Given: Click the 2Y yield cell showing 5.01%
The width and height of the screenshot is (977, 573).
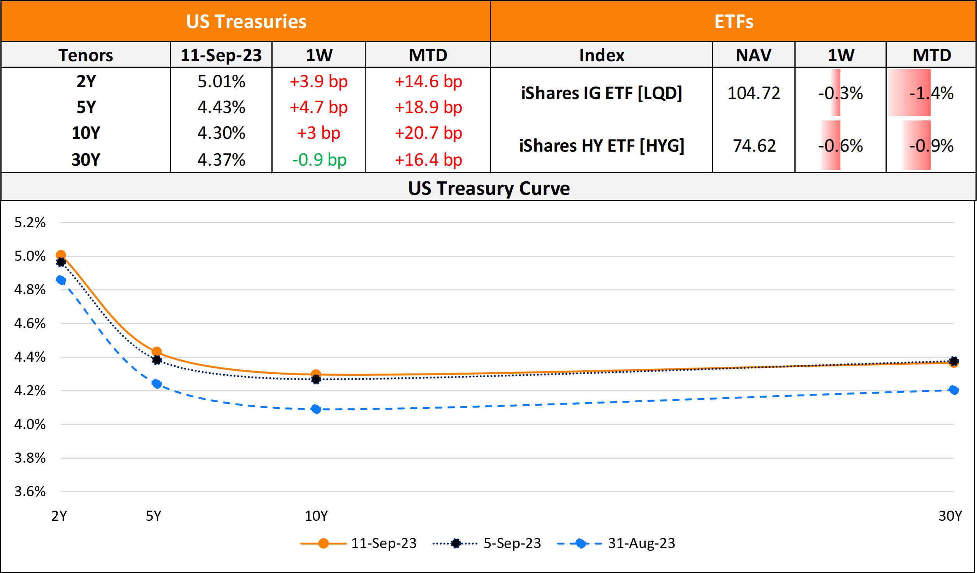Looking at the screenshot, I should tap(221, 81).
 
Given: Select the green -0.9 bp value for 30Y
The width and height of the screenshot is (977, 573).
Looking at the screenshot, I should tap(319, 160).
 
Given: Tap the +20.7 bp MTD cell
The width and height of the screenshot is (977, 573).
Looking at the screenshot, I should tap(428, 133).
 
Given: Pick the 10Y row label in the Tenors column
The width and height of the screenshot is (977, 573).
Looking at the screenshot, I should tap(86, 133).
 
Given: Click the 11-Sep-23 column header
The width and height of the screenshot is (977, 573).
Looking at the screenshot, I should tap(221, 55).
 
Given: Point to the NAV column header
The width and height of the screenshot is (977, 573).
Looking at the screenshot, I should tap(753, 55).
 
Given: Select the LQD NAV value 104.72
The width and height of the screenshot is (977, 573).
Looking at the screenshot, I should tap(753, 93).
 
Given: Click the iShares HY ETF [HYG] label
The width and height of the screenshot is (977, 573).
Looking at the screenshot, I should tap(602, 146).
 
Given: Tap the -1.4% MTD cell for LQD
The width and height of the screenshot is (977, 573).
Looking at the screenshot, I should tap(931, 93).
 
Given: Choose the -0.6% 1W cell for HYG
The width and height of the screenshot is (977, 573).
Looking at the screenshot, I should tap(840, 146).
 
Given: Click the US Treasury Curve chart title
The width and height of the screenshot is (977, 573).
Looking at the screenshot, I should tap(489, 188).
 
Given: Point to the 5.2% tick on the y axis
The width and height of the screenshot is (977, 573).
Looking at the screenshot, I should tap(30, 223).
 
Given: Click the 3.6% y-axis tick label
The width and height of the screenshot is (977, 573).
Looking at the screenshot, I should tap(30, 492).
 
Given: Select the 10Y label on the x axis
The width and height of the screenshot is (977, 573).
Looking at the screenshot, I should tap(316, 516).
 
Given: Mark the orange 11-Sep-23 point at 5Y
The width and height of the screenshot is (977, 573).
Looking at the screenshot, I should tap(157, 352).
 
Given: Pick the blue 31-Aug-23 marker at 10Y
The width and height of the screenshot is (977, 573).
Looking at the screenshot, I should tap(316, 409).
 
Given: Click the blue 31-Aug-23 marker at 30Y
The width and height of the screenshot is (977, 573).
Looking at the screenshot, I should tap(954, 390).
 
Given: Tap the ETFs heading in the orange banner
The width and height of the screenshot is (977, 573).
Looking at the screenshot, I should tap(734, 21).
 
